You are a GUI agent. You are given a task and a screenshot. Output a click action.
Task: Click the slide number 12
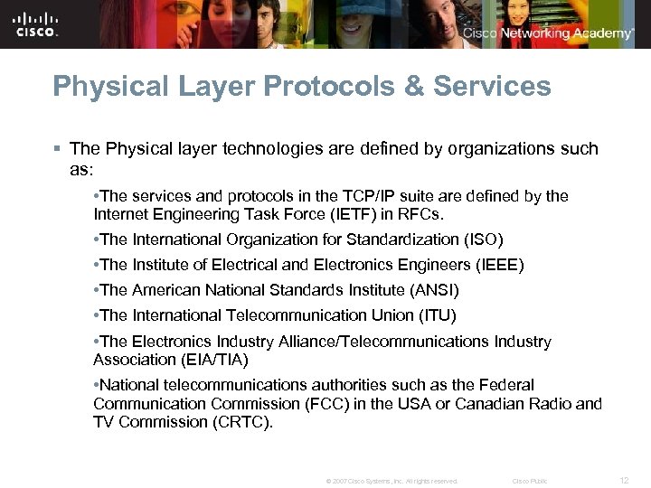click(x=623, y=480)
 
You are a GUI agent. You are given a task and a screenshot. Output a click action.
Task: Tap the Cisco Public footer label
click(x=530, y=481)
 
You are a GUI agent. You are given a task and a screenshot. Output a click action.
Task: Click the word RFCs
click(x=423, y=214)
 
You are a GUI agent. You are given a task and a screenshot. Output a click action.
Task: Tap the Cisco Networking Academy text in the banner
click(x=548, y=33)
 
